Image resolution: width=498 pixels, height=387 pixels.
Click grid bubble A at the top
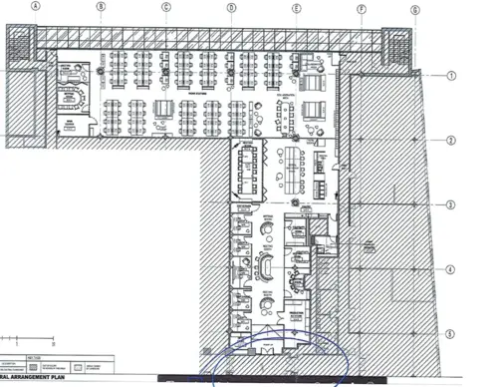click(x=35, y=5)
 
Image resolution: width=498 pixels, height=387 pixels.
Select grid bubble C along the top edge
click(x=165, y=6)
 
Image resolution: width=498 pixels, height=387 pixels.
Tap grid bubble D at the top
click(x=230, y=6)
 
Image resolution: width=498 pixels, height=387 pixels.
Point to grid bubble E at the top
click(x=296, y=6)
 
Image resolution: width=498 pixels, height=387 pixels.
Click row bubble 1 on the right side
click(x=450, y=76)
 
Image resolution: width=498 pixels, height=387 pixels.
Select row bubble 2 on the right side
click(x=451, y=141)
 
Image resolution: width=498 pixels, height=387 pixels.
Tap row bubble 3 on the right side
click(x=451, y=205)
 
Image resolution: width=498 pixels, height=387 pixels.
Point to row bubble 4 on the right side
click(x=451, y=269)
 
